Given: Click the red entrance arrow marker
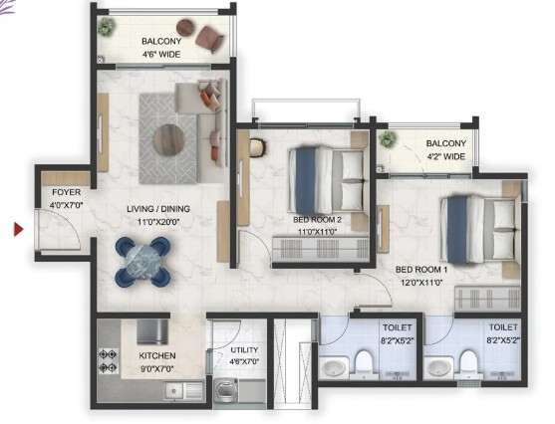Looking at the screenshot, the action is pos(19,230).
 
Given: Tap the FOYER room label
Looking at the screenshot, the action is pos(66,192).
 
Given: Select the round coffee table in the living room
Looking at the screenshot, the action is pos(169,139).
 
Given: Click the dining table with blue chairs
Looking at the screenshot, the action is pos(142,262).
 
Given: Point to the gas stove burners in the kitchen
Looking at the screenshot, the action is pos(108,361).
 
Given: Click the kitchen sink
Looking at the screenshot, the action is pos(183,391).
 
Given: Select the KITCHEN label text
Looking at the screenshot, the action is pos(157,355).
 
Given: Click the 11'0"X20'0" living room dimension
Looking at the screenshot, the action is pos(158,222).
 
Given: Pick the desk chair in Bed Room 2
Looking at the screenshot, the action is pos(258,147).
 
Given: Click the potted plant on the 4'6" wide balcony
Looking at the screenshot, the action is pos(106,27).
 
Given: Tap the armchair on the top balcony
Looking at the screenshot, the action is pos(210,38).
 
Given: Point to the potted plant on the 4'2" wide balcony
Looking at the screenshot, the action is pos(387,139).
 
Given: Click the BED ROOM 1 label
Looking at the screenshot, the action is pos(421,270).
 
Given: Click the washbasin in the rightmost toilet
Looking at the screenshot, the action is pos(439,368).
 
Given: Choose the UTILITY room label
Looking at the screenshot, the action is pos(244,350).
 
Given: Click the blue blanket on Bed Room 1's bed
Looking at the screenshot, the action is pos(457,230).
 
